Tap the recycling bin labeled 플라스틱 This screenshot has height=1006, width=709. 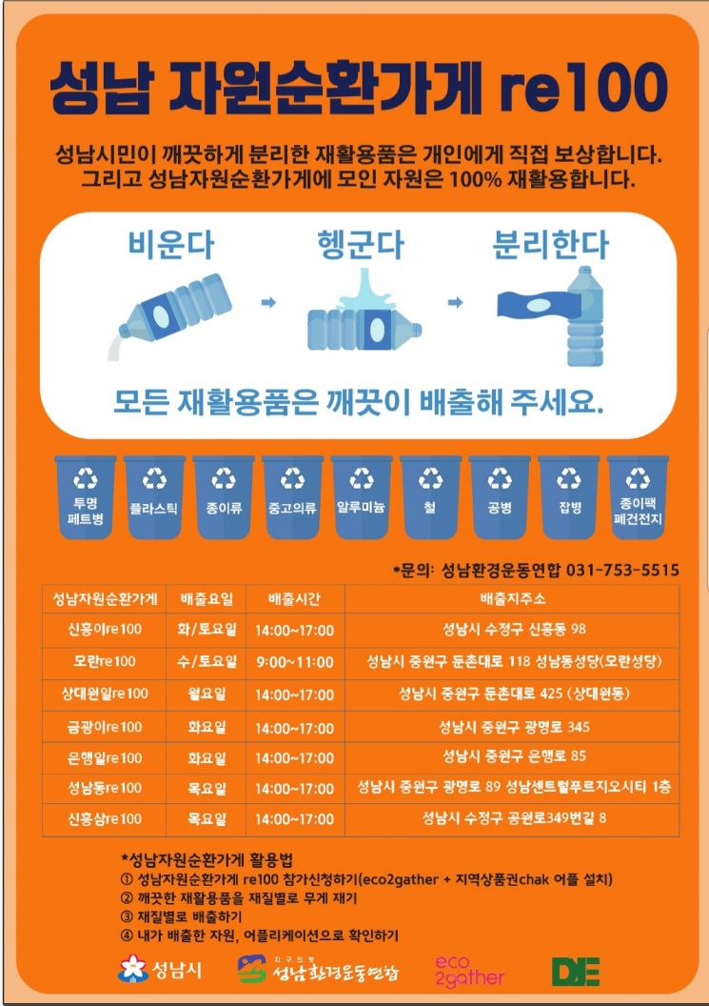(154, 496)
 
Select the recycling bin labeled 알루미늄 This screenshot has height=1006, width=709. (362, 496)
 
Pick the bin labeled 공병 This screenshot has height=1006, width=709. (500, 496)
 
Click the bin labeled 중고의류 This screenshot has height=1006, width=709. (292, 496)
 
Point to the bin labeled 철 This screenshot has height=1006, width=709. (430, 496)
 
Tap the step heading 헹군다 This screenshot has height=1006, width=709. (360, 245)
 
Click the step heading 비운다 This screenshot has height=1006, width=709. (170, 245)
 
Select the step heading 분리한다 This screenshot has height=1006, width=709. (549, 245)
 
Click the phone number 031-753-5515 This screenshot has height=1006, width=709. (622, 570)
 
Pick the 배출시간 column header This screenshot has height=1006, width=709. (294, 599)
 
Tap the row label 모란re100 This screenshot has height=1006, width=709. (105, 661)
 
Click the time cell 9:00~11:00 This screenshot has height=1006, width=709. (294, 661)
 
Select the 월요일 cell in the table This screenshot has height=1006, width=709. (207, 694)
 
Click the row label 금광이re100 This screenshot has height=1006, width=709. (105, 727)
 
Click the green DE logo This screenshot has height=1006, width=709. (576, 970)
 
